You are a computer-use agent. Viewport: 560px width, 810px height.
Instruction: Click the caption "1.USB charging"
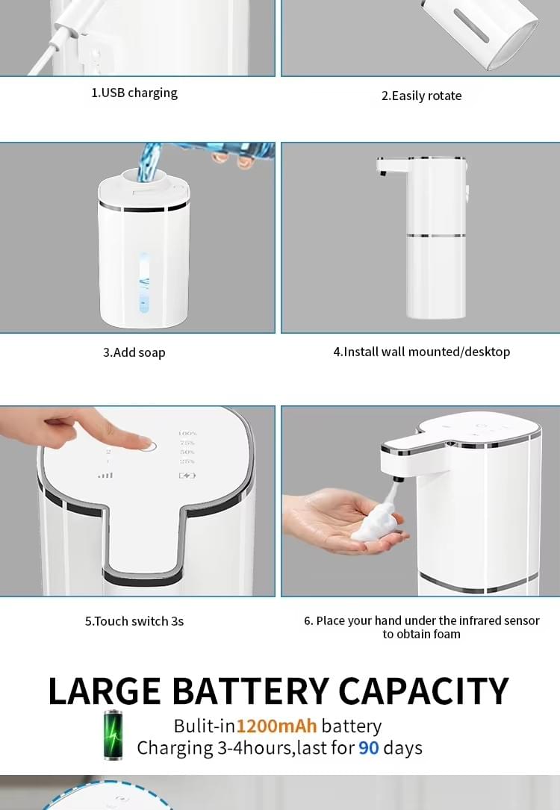134,93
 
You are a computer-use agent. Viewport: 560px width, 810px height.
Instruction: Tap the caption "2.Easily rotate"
421,96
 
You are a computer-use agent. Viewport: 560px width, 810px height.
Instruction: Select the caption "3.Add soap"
134,352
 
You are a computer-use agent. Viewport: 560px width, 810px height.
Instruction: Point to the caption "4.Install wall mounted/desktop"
421,352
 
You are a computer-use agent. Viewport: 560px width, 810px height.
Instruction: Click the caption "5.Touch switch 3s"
134,621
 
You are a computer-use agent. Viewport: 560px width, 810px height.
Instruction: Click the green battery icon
114,735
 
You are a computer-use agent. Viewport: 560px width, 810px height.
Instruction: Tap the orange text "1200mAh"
277,726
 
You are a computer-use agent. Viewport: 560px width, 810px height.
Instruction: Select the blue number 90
369,748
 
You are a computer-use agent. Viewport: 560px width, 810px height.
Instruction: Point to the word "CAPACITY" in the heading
423,691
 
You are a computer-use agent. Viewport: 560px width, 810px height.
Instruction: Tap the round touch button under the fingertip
148,446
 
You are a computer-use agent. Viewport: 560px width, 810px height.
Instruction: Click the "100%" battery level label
187,434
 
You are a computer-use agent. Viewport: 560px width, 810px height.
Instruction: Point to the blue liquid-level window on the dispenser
144,284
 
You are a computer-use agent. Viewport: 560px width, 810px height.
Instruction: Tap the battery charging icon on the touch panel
187,475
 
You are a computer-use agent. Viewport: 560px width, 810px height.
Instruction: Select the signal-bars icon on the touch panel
106,474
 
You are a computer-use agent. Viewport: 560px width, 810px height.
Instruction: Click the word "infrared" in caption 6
479,620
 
